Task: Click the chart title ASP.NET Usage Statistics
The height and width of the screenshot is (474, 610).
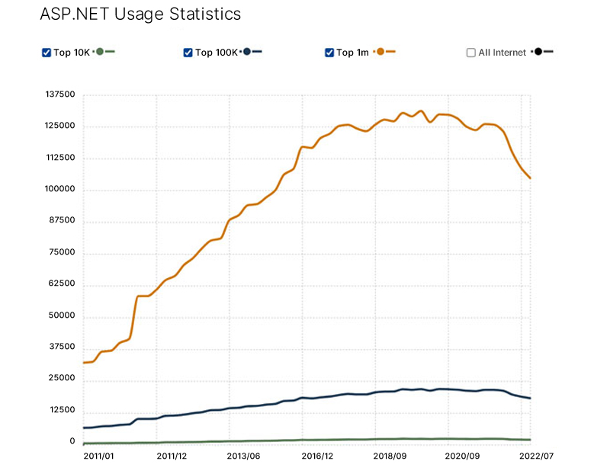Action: pos(140,14)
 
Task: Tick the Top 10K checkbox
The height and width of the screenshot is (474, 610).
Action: pos(47,53)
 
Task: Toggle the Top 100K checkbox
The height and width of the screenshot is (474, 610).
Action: pos(188,53)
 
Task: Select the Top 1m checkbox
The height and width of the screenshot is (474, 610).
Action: pos(329,53)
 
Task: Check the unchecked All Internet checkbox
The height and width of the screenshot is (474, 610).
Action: pos(471,53)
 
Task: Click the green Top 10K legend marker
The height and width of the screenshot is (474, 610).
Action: pos(100,52)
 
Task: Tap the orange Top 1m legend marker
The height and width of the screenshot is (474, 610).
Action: pos(380,52)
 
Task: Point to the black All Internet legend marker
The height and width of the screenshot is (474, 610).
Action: pos(539,52)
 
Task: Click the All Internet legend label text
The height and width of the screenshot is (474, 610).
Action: pos(502,53)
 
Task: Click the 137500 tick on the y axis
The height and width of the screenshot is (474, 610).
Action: pos(61,94)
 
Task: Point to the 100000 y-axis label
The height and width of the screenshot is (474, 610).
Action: pos(61,190)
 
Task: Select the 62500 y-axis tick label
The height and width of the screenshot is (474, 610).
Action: pos(61,284)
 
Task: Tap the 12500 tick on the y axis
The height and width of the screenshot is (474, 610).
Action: pos(61,411)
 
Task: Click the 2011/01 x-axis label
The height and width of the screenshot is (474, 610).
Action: pos(99,456)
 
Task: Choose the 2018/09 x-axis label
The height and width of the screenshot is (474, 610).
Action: pos(390,456)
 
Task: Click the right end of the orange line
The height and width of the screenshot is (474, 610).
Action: pos(531,178)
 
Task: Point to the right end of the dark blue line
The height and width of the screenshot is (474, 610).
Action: pos(531,399)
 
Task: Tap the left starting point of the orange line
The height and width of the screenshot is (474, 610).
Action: pos(83,363)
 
